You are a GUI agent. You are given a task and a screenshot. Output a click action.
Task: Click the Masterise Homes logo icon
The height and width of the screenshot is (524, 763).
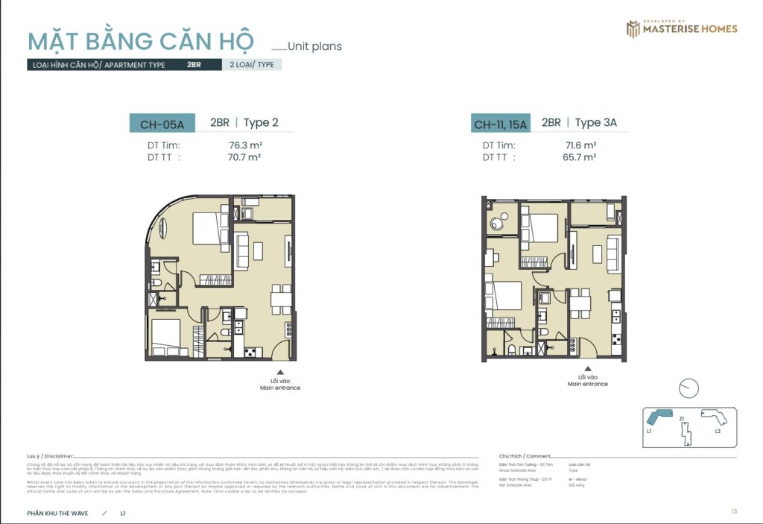pyautogui.click(x=633, y=29)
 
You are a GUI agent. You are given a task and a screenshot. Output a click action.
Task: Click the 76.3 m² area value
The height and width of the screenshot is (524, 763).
pyautogui.click(x=245, y=145)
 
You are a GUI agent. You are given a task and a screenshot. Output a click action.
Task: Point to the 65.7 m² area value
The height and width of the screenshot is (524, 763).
pyautogui.click(x=579, y=157)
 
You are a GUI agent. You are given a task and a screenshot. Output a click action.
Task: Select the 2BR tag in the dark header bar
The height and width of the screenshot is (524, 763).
pyautogui.click(x=194, y=65)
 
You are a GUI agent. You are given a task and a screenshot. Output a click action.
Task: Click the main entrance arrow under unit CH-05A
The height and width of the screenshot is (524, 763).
pyautogui.click(x=280, y=371)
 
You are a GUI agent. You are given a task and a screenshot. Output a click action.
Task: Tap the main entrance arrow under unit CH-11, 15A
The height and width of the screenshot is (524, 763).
pyautogui.click(x=587, y=368)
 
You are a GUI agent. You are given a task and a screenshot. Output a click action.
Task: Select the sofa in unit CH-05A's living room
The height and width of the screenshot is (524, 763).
pyautogui.click(x=242, y=250)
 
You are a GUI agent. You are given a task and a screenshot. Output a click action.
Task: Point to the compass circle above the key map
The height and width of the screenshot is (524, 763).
pyautogui.click(x=689, y=388)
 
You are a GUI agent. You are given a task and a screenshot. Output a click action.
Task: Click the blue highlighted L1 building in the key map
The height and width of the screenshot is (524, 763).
pyautogui.click(x=659, y=417)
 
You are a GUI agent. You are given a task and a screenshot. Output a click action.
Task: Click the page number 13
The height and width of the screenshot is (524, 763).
pyautogui.click(x=734, y=511)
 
